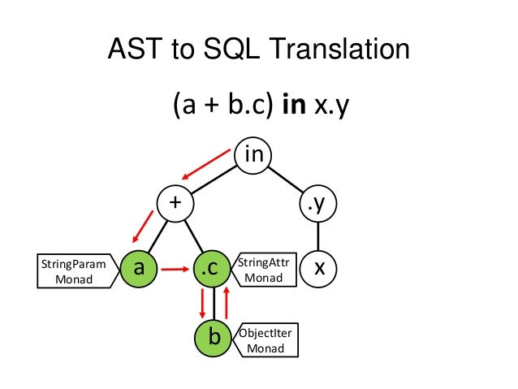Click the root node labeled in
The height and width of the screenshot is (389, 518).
click(253, 154)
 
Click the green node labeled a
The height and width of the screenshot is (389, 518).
click(138, 269)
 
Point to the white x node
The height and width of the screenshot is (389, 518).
click(318, 269)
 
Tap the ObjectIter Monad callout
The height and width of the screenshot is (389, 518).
click(265, 340)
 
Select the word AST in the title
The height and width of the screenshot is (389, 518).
click(135, 51)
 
